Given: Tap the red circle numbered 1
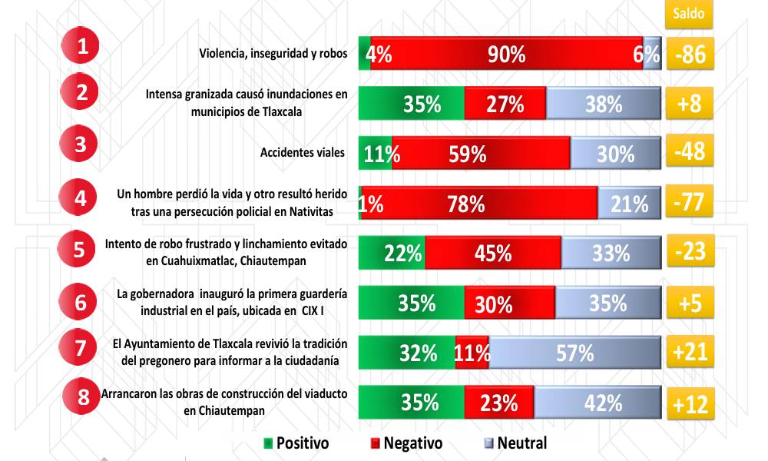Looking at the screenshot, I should pos(83,46).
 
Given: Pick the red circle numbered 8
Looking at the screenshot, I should pos(82,397).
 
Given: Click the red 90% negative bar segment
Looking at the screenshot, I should pos(506,55).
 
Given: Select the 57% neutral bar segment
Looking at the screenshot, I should pos(574,353).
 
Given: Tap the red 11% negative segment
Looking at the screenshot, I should pos(472,353).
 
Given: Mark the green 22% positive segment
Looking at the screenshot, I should pos(392,253).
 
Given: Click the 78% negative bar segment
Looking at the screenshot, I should pos(478,203).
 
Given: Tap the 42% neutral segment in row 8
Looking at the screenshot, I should pos(598,403).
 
